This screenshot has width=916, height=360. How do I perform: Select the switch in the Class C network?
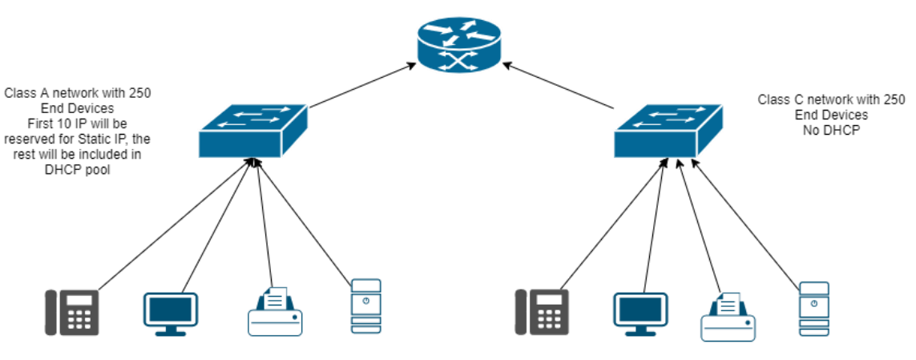[x=668, y=130]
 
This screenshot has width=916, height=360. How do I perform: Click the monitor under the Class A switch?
[x=170, y=313]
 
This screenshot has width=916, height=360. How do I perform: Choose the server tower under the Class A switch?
[x=365, y=306]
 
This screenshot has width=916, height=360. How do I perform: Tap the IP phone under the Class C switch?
[x=543, y=312]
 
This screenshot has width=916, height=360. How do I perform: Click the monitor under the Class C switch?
[x=640, y=313]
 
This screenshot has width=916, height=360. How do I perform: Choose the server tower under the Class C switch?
[x=813, y=308]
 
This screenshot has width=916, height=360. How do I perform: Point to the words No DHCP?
[x=830, y=129]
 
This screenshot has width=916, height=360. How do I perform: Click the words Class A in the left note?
[x=26, y=93]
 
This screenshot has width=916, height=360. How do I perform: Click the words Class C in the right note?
[x=781, y=99]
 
